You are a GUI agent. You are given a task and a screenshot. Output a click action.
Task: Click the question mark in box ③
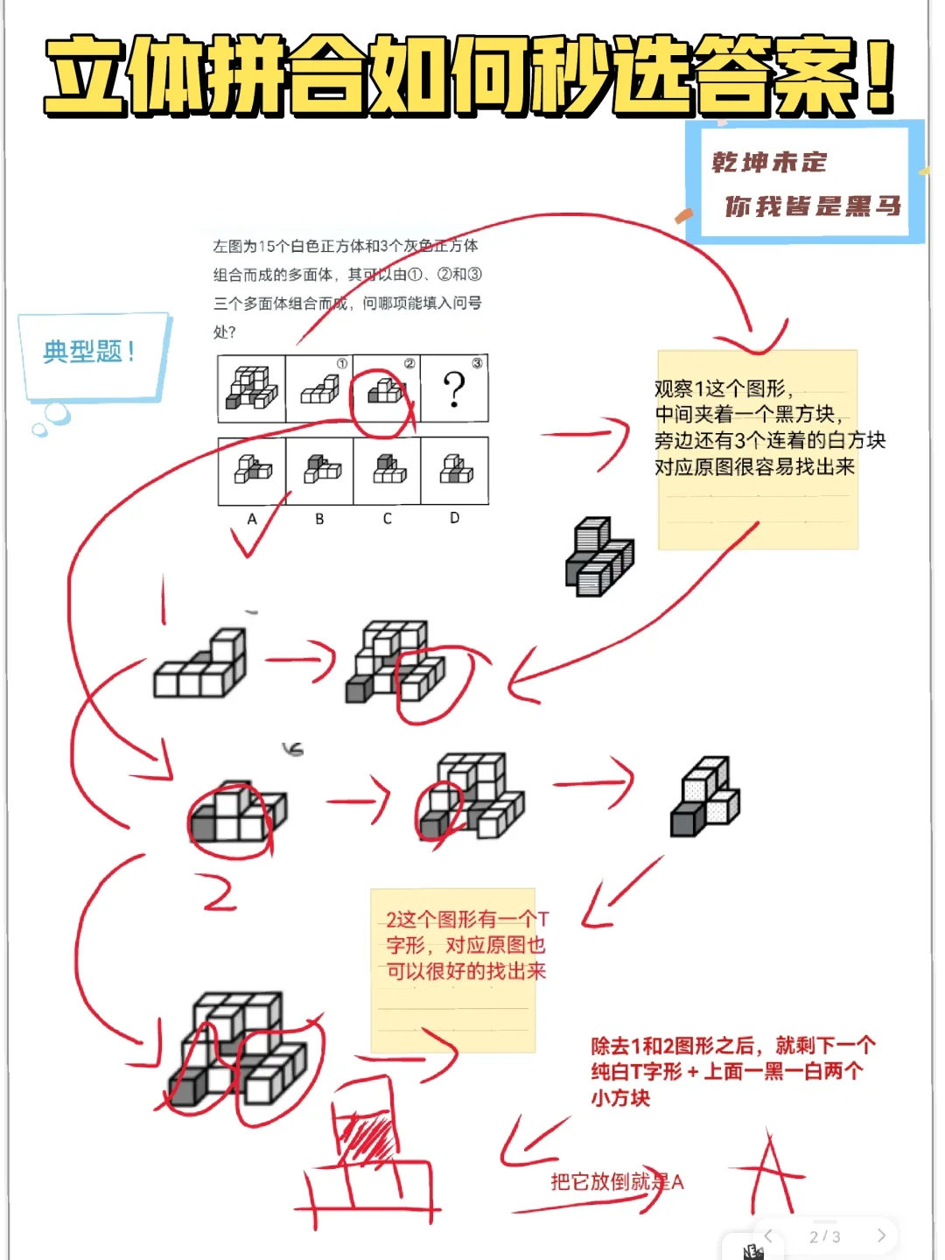[x=454, y=389]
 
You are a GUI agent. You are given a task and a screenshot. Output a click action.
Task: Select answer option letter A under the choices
[x=252, y=519]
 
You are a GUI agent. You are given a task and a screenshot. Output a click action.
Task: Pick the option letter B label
[x=319, y=519]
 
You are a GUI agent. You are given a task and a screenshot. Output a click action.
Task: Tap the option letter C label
[x=387, y=519]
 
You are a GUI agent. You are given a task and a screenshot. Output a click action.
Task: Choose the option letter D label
[x=454, y=518]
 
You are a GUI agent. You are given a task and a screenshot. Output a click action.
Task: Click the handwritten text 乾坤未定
[x=769, y=163]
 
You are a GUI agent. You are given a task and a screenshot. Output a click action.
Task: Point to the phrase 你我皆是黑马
[x=812, y=206]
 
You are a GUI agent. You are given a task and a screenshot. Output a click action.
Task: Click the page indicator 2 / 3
[x=824, y=1236]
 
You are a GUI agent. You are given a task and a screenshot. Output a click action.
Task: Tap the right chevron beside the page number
[x=881, y=1235]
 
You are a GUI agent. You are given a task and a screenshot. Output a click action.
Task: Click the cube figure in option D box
[x=455, y=471]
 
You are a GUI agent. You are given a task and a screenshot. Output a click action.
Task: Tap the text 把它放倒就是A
[x=616, y=1182]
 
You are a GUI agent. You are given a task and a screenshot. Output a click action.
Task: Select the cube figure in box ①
[x=319, y=389]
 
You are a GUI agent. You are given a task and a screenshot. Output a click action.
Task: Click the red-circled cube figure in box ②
[x=385, y=391]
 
